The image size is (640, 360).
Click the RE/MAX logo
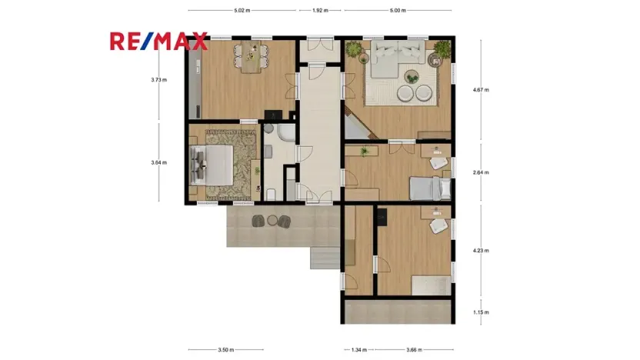pyautogui.click(x=158, y=41)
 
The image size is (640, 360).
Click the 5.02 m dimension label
pyautogui.click(x=243, y=11)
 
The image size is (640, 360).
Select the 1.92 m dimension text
pyautogui.click(x=320, y=11)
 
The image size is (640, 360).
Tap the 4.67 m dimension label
pyautogui.click(x=480, y=90)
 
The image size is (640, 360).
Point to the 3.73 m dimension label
pyautogui.click(x=159, y=80)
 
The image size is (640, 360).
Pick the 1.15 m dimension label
pyautogui.click(x=480, y=312)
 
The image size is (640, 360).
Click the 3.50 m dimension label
pyautogui.click(x=225, y=350)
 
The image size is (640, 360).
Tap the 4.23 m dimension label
pyautogui.click(x=480, y=250)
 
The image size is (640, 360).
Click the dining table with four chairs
pyautogui.click(x=251, y=57)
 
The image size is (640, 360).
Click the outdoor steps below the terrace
pyautogui.click(x=324, y=258)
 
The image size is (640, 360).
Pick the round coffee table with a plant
pyautogui.click(x=411, y=75)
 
